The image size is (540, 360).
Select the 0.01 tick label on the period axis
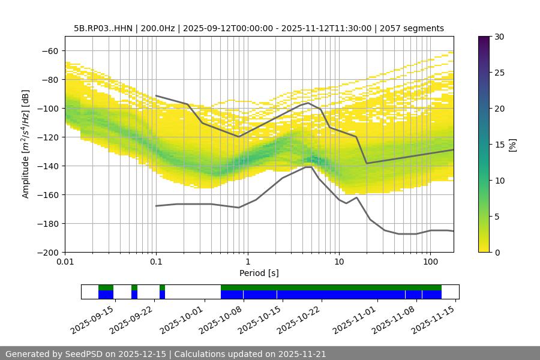pyautogui.click(x=65, y=262)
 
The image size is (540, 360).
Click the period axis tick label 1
pyautogui.click(x=247, y=262)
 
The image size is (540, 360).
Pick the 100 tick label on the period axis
pyautogui.click(x=430, y=262)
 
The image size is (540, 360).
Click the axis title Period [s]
pyautogui.click(x=259, y=273)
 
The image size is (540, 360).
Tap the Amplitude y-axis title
pyautogui.click(x=26, y=144)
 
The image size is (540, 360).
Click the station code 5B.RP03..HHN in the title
pyautogui.click(x=104, y=28)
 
